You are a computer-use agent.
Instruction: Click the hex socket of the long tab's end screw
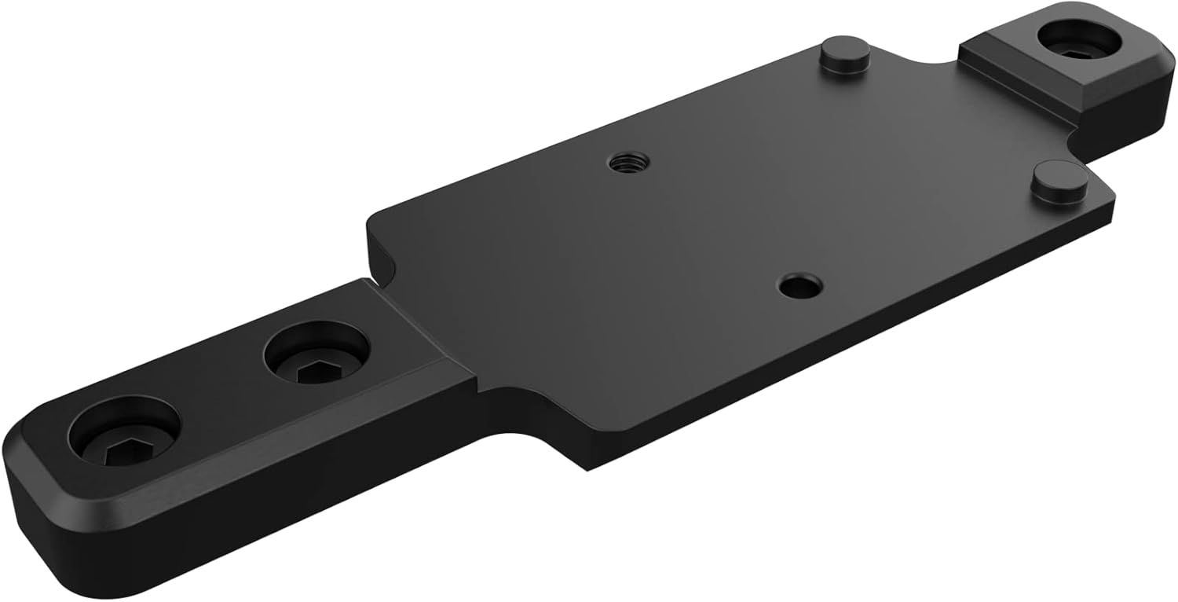coord(122,451)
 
